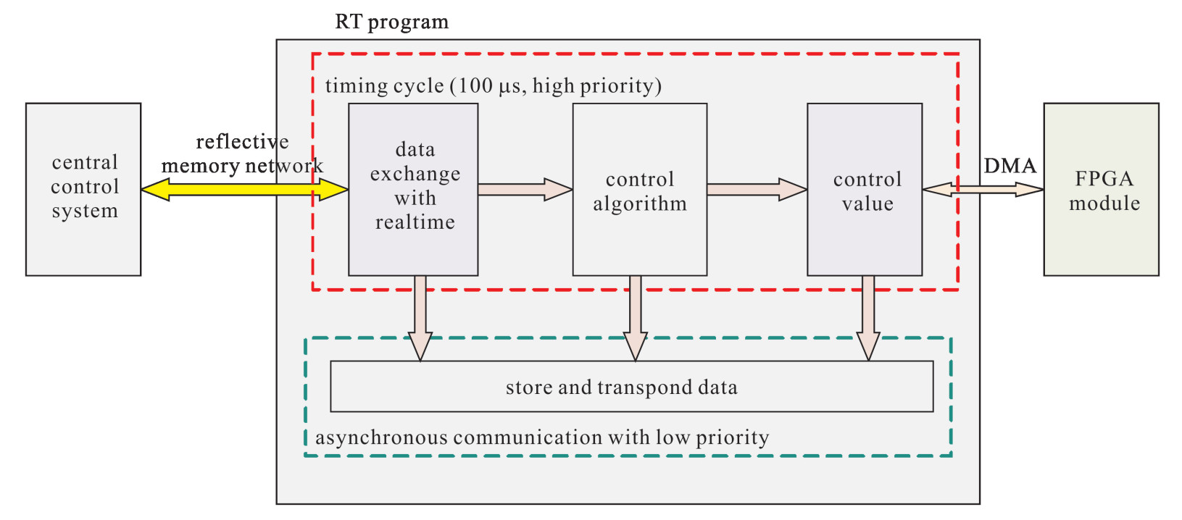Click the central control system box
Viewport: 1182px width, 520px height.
pyautogui.click(x=83, y=189)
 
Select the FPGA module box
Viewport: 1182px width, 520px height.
pyautogui.click(x=1102, y=189)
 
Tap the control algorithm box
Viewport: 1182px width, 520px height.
pyautogui.click(x=639, y=189)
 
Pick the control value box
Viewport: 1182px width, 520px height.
pyautogui.click(x=865, y=189)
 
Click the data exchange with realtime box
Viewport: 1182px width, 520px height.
pyautogui.click(x=413, y=189)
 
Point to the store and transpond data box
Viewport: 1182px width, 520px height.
pyautogui.click(x=632, y=387)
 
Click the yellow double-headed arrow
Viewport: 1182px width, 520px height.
pyautogui.click(x=245, y=189)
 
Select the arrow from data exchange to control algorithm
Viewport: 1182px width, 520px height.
pyautogui.click(x=525, y=189)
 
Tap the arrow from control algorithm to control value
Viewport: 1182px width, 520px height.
pyautogui.click(x=757, y=189)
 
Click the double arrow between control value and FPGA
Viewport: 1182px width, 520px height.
pyautogui.click(x=983, y=189)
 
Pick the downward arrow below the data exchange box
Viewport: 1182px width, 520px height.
pyautogui.click(x=420, y=318)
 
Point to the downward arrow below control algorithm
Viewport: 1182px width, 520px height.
pyautogui.click(x=636, y=318)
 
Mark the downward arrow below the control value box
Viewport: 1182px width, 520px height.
pyautogui.click(x=868, y=318)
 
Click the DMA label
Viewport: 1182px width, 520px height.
pyautogui.click(x=1010, y=166)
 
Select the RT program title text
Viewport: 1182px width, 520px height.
pyautogui.click(x=391, y=22)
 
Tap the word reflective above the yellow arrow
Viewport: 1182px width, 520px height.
pyautogui.click(x=242, y=141)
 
